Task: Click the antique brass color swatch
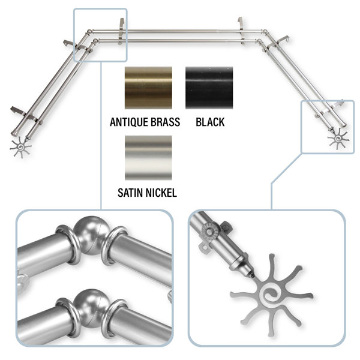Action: tap(148, 88)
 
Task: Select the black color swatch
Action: tap(209, 88)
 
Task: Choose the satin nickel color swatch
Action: tap(148, 158)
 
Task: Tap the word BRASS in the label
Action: tap(166, 122)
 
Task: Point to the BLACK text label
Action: tap(210, 122)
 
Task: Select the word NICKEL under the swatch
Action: tap(163, 193)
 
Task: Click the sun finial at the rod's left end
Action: tap(20, 147)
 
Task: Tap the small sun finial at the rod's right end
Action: tap(338, 139)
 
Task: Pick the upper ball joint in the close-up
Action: tap(92, 235)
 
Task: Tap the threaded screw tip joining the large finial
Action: tap(251, 275)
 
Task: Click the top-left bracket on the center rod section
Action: tap(122, 31)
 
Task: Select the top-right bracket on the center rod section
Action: tap(241, 31)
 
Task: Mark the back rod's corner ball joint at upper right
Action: tap(265, 31)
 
